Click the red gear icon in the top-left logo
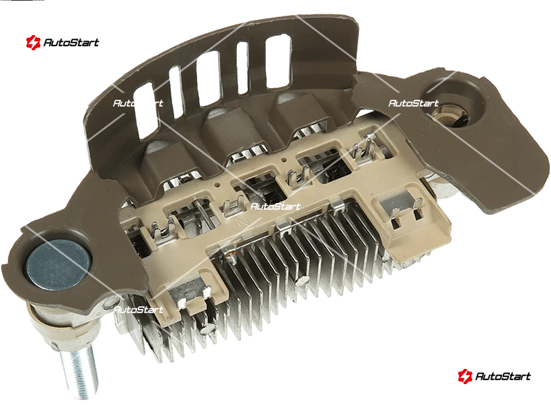point(33,43)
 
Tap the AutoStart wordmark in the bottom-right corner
point(503,377)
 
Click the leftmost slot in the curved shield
point(145,110)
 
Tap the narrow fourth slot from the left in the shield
point(242,67)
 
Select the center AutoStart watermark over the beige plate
point(275,206)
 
